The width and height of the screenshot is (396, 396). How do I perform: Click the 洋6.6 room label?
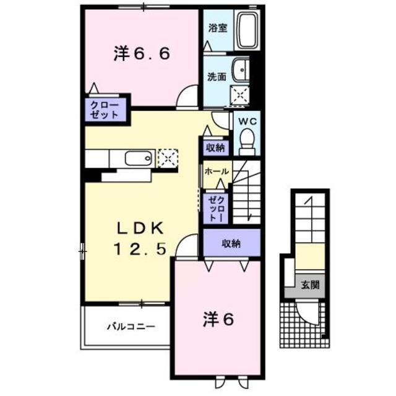[x=142, y=54]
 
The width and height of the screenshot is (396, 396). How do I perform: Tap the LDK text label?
[x=140, y=229]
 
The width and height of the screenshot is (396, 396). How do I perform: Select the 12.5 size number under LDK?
[x=140, y=249]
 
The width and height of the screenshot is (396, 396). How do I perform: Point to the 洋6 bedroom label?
[x=218, y=319]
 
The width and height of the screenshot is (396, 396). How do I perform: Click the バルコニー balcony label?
[x=131, y=327]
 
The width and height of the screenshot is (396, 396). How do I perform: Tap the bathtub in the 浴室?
[x=247, y=30]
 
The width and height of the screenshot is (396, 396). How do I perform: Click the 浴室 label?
[x=218, y=28]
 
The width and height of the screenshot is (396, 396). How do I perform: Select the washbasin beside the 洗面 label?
[x=241, y=70]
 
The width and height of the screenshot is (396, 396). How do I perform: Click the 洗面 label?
[x=217, y=77]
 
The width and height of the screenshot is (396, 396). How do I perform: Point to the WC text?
[x=247, y=122]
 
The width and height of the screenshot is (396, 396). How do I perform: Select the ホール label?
[x=217, y=172]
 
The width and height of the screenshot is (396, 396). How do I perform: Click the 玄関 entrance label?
[x=310, y=285]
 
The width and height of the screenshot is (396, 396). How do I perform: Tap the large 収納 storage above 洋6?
[x=232, y=243]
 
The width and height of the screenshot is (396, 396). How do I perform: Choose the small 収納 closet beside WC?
[x=216, y=147]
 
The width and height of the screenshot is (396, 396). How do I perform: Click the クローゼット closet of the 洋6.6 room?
[x=105, y=110]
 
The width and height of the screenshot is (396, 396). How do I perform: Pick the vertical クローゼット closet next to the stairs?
[x=216, y=209]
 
